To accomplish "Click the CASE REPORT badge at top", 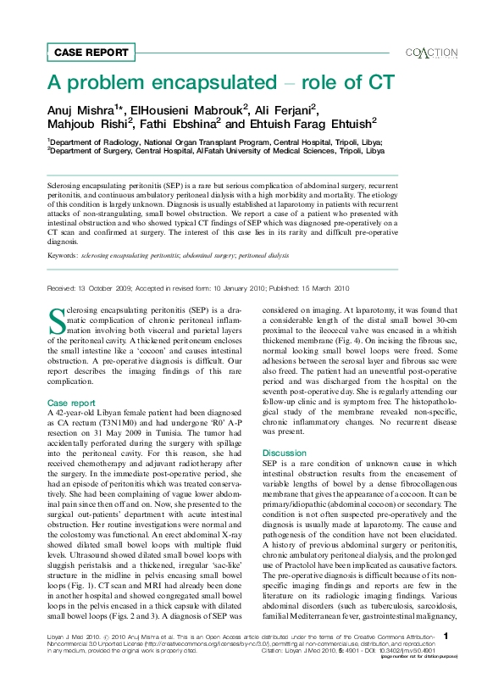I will pyautogui.click(x=85, y=53).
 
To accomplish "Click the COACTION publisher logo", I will pyautogui.click(x=432, y=52).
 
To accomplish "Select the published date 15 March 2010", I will pyautogui.click(x=318, y=288).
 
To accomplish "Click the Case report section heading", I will pyautogui.click(x=71, y=379).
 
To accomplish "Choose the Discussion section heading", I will pyautogui.click(x=284, y=453).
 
